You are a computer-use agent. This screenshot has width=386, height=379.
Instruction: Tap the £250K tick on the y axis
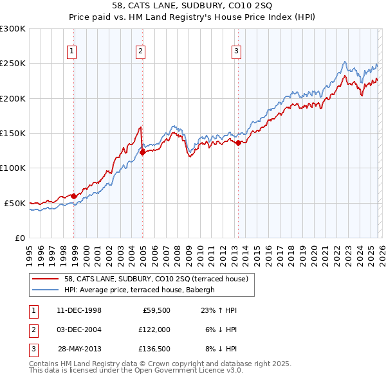(x=13, y=64)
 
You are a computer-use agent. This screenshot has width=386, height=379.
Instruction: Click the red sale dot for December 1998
(x=74, y=196)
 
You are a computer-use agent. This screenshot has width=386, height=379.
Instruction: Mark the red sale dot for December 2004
(x=142, y=153)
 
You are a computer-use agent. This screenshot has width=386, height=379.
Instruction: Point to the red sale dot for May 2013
(x=239, y=143)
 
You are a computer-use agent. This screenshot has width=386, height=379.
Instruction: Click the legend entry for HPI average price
(x=142, y=290)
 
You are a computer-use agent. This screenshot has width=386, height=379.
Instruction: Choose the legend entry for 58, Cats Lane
(x=160, y=279)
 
